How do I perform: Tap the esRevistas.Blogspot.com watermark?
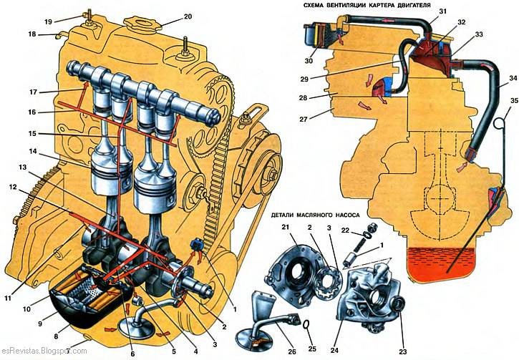(x=44, y=351)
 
